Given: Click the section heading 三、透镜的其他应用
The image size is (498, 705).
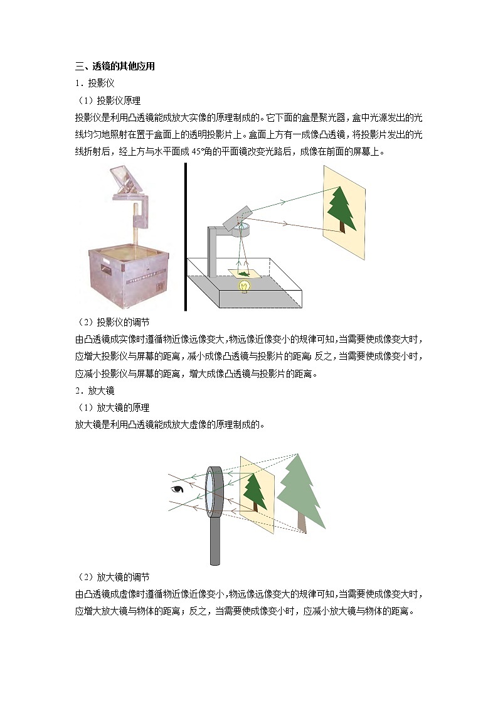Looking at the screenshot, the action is (x=115, y=66).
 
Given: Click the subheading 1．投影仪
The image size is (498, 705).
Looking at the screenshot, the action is (x=95, y=83).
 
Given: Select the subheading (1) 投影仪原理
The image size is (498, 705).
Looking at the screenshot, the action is (x=110, y=100).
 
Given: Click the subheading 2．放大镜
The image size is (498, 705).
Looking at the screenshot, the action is (x=95, y=390).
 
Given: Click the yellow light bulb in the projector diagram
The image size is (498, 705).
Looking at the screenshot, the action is (x=244, y=286).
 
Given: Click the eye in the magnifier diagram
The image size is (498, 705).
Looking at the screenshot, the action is (x=177, y=489).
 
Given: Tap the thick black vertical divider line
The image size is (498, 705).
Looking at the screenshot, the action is (x=186, y=237).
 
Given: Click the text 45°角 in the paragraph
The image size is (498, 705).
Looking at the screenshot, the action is (x=203, y=152).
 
